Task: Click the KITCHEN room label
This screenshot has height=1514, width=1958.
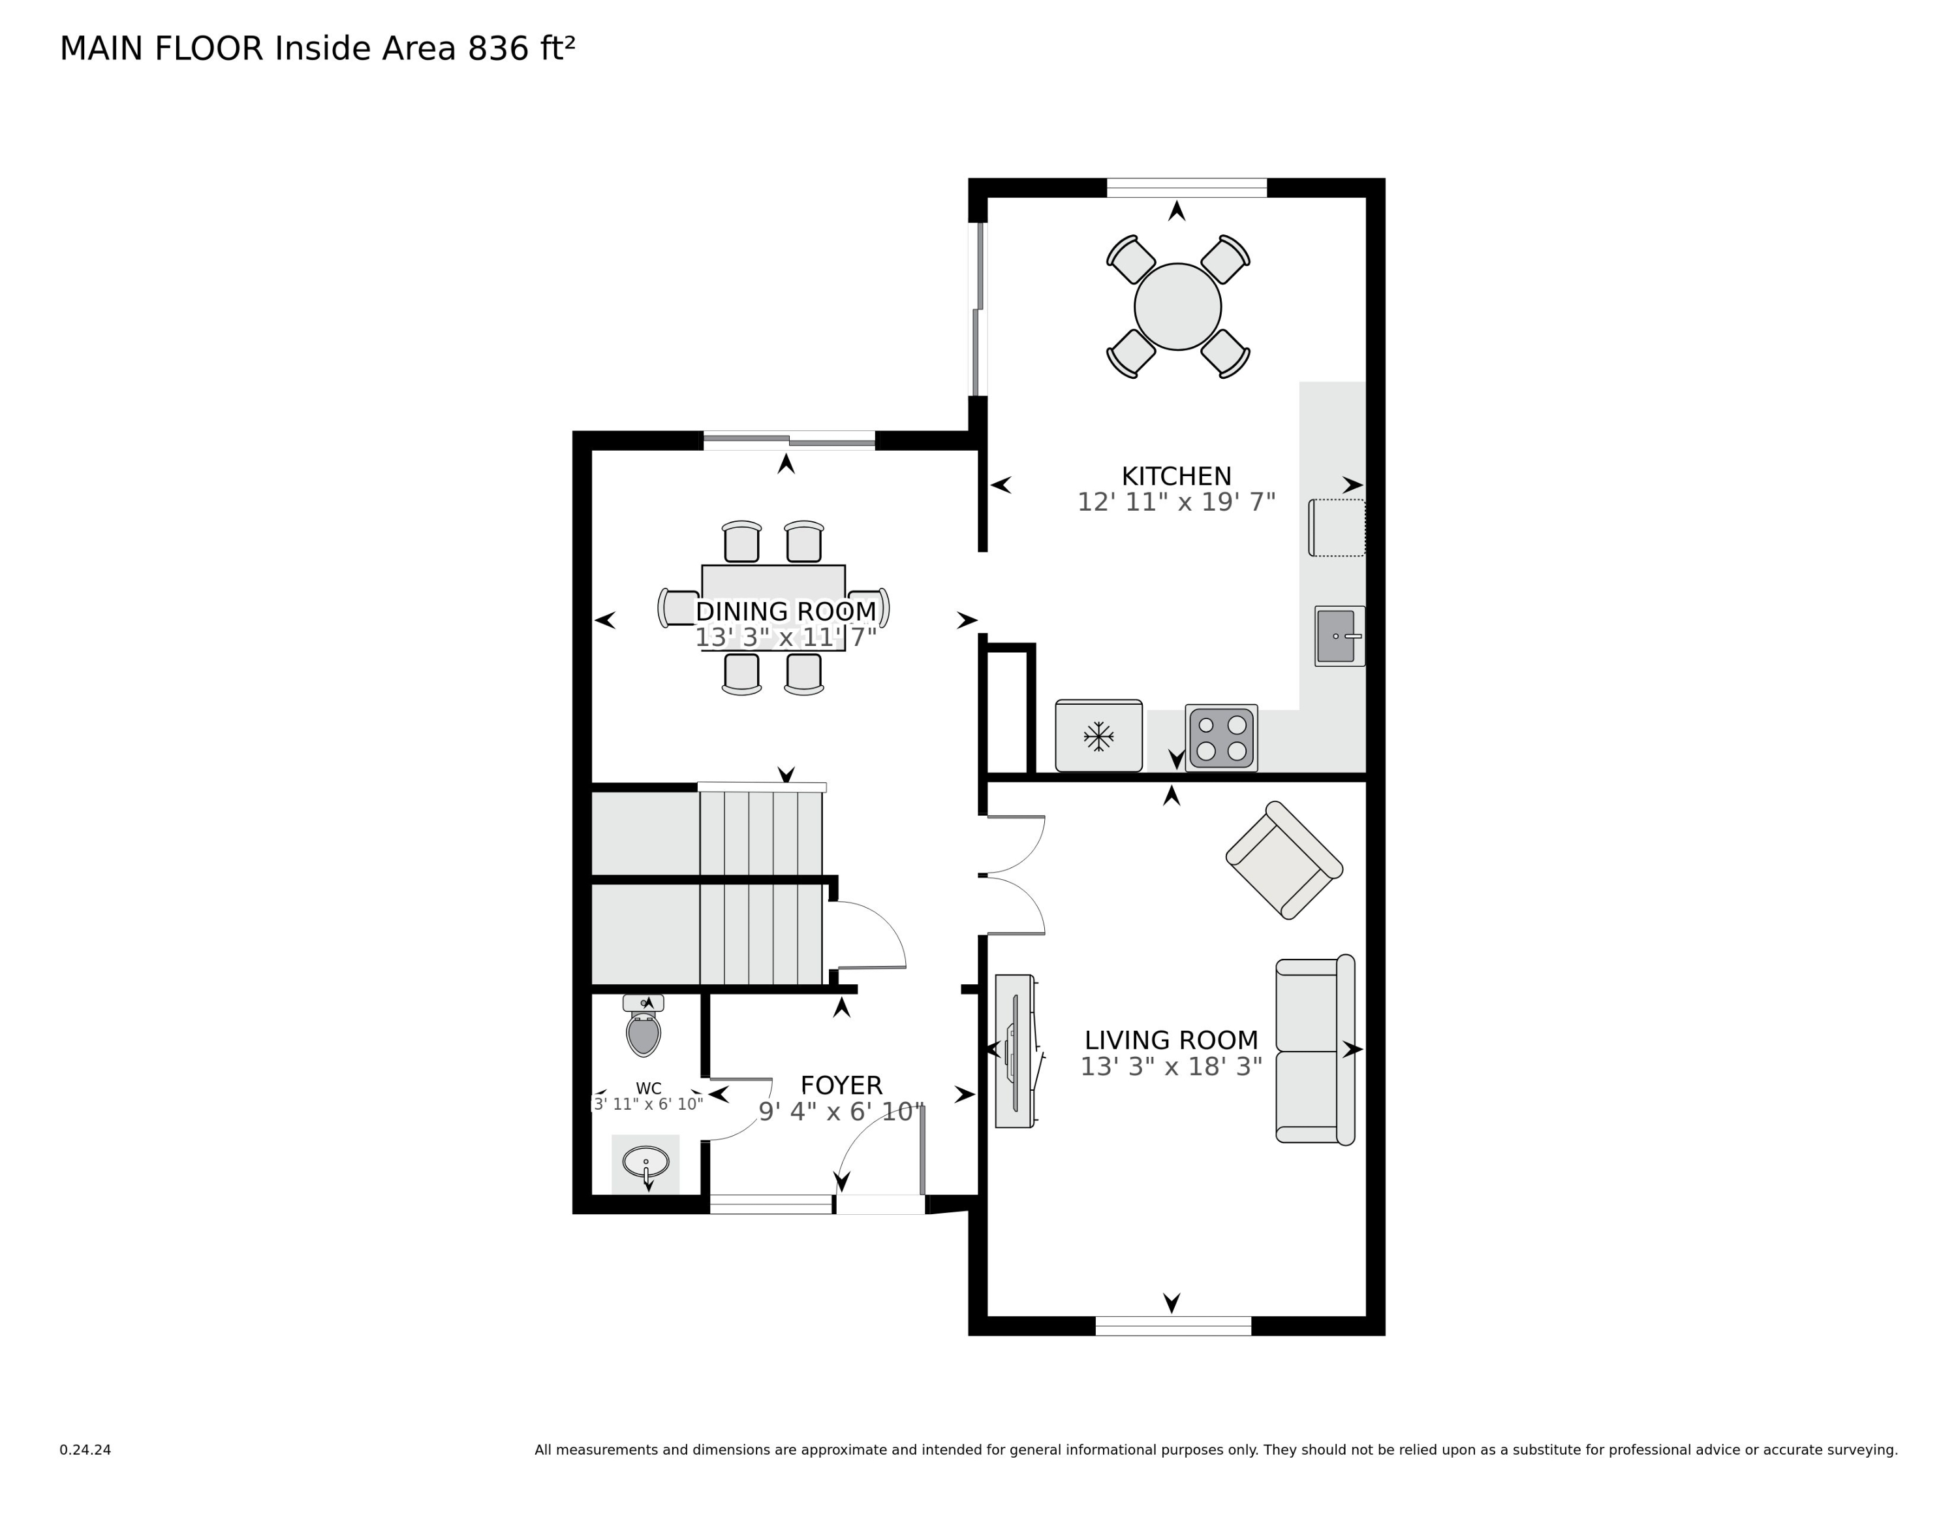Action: coord(1176,476)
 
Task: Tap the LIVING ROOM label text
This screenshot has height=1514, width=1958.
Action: coord(1171,1040)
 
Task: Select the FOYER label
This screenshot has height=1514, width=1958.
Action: coord(841,1086)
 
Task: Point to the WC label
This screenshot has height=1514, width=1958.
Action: coord(648,1089)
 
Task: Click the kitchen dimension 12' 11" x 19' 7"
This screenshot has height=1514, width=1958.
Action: coord(1176,502)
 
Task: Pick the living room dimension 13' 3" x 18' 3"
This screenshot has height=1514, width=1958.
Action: coord(1171,1067)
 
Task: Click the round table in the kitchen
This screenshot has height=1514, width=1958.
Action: coord(1177,307)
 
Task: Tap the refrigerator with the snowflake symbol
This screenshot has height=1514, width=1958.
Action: coord(1098,735)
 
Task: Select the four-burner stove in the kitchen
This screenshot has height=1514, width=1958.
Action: coord(1221,738)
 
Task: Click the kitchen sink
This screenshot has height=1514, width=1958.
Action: coord(1339,636)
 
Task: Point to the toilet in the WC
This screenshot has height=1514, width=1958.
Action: coord(644,1025)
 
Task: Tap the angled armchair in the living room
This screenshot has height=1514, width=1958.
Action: coord(1284,860)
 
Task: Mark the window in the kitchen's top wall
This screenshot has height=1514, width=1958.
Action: coord(1186,188)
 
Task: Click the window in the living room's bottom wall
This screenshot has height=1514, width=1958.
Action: coord(1173,1326)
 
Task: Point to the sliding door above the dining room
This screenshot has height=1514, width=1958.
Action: coord(789,440)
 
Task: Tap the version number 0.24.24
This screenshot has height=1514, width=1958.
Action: coord(85,1449)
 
